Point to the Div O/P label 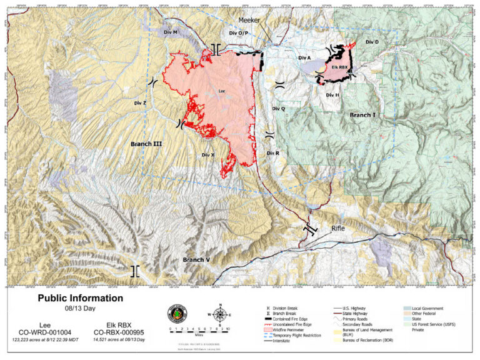tap(239, 32)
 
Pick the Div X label tap(208, 154)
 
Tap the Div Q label tap(279, 108)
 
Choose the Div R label tap(272, 153)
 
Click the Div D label tap(372, 42)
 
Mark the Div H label tap(332, 95)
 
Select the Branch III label tap(146, 144)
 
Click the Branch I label tap(362, 115)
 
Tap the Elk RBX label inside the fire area tap(339, 66)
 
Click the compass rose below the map tap(219, 314)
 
